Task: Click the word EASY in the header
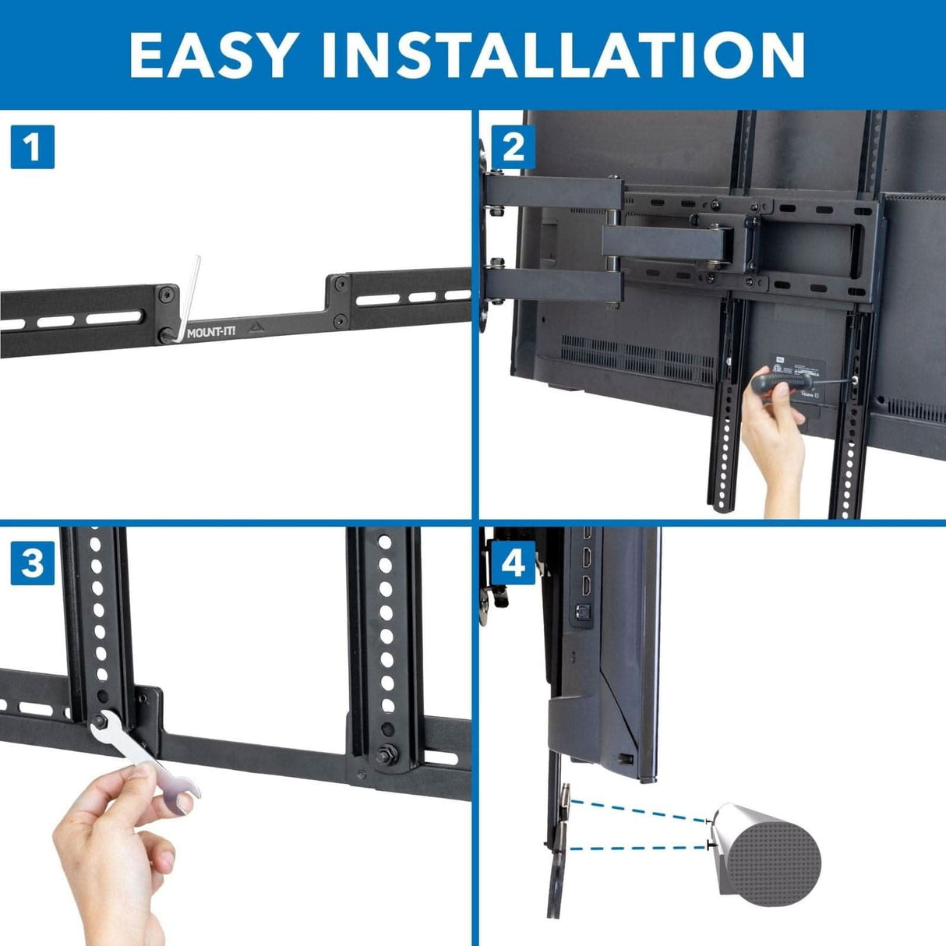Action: click(x=212, y=55)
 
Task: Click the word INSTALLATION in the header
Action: click(x=563, y=55)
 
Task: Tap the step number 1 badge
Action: click(x=32, y=146)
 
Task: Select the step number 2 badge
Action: click(x=514, y=146)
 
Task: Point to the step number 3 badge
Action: click(x=32, y=563)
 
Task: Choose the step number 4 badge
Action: click(x=514, y=563)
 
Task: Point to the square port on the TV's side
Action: click(x=581, y=612)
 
